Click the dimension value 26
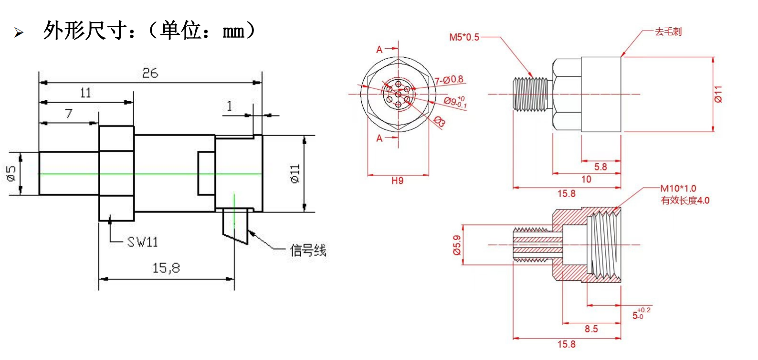(150, 73)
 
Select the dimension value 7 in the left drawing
(69, 113)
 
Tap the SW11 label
(142, 242)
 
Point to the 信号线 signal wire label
(308, 251)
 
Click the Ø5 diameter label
(11, 174)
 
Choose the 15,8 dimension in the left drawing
(166, 268)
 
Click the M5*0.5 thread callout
(464, 37)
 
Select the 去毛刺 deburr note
(668, 32)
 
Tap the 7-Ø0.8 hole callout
(449, 80)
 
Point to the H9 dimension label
(398, 180)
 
